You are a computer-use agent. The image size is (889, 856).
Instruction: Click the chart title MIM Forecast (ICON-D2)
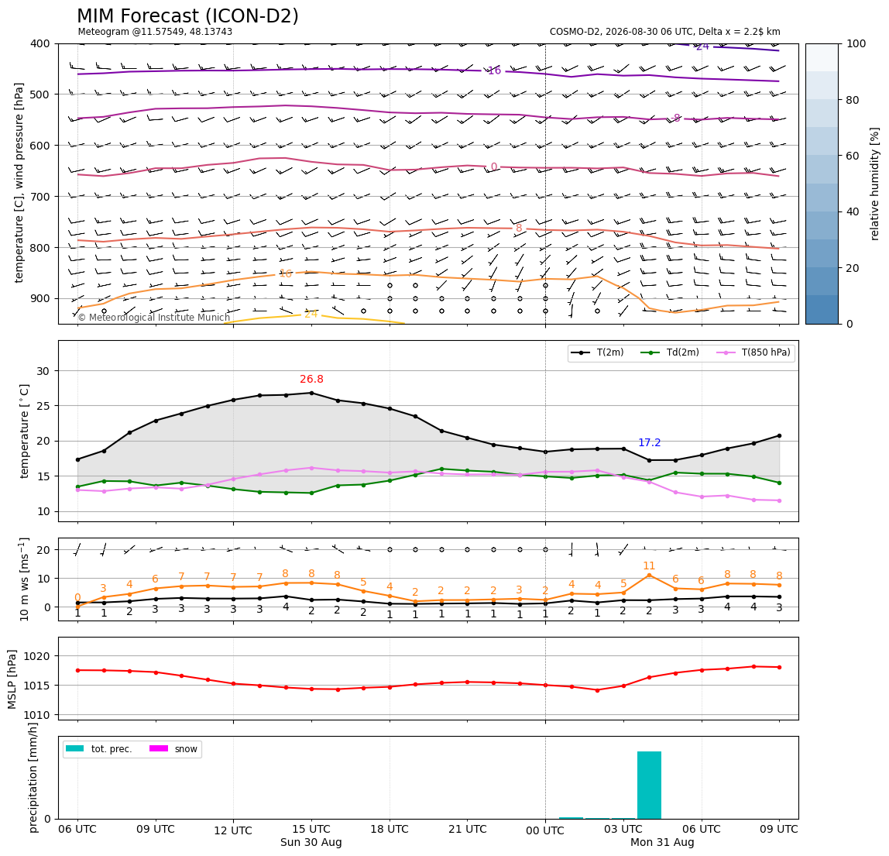187,15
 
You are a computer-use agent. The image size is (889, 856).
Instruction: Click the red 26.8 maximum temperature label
312,379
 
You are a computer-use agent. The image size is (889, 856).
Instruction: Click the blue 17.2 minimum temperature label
650,442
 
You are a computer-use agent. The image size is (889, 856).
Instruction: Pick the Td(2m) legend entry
670,352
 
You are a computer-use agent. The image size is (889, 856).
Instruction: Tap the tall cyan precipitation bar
649,785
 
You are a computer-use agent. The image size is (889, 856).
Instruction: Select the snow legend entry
173,749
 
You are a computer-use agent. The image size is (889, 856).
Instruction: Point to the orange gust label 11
649,566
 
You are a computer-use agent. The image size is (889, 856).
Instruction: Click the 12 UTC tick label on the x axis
233,830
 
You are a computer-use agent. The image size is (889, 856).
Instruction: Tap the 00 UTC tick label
545,830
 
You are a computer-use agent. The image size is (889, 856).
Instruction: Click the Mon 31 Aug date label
662,842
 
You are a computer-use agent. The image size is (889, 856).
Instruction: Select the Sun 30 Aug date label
311,842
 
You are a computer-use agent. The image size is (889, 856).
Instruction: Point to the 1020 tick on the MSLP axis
36,656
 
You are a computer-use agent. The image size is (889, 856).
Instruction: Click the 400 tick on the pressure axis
41,43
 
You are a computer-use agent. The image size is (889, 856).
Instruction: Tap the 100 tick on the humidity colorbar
856,43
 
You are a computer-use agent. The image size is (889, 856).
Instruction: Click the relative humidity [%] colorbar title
875,184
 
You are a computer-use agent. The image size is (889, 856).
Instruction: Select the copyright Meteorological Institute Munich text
153,318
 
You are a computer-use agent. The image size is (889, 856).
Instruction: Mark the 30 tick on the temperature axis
43,371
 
